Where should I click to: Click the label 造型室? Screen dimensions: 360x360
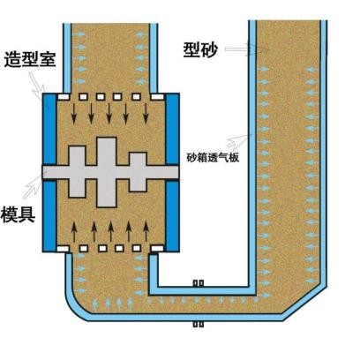pos(30,61)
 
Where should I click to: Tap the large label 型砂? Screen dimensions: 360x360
pos(200,49)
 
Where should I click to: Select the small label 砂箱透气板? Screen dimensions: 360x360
pos(214,158)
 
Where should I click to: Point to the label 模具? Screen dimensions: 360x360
pos(19,214)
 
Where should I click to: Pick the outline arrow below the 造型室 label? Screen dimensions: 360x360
pos(37,86)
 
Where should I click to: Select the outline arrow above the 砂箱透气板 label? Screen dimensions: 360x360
pos(240,141)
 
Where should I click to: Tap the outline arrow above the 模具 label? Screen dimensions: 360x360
pos(34,185)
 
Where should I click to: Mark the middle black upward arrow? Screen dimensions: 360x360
pos(111,231)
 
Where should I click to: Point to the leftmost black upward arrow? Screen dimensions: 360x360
pos(74,231)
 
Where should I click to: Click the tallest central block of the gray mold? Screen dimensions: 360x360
pos(107,172)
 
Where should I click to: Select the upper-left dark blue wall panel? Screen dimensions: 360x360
pos(49,129)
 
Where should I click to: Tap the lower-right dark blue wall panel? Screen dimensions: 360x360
pos(173,216)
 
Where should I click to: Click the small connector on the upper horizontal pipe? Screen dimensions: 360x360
pos(199,283)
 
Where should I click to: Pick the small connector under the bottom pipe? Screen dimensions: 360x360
pos(199,324)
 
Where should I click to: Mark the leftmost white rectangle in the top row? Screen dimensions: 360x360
pos(64,96)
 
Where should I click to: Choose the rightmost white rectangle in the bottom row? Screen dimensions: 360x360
pos(157,249)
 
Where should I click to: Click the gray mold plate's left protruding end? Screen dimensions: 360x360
pos(49,172)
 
